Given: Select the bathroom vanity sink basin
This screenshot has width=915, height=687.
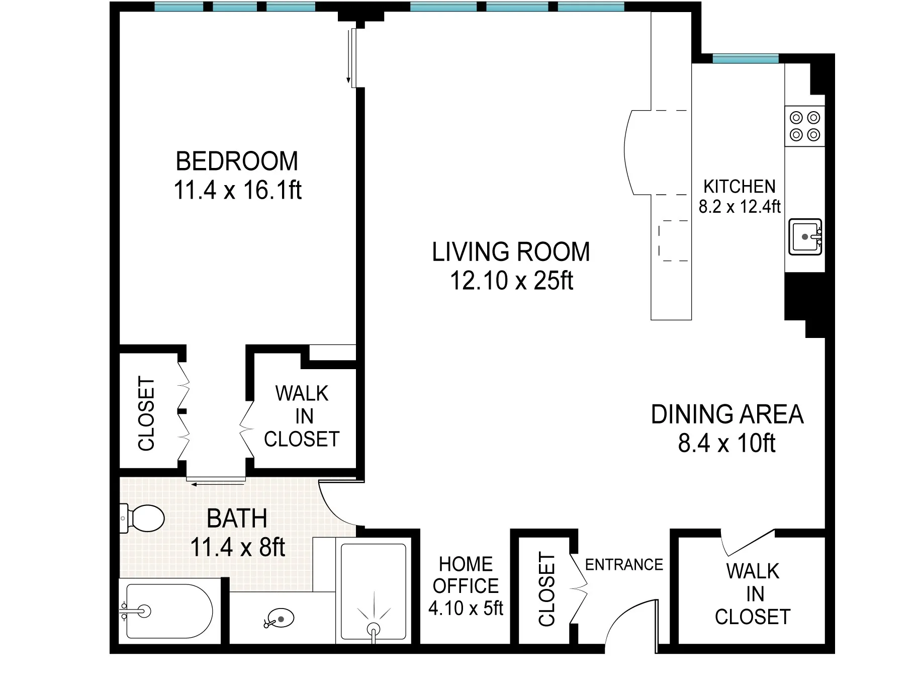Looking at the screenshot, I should (280, 619).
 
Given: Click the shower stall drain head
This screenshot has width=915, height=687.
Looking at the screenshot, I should (373, 629).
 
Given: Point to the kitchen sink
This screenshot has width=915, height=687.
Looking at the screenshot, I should (804, 236).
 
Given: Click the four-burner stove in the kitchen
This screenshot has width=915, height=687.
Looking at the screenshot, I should (804, 126).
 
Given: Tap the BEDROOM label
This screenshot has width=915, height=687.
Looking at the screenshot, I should (237, 161).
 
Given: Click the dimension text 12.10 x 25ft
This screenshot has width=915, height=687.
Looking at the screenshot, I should (511, 281).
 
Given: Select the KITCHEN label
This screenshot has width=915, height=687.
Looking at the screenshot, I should (739, 187).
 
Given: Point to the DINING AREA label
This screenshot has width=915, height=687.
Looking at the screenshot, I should (727, 414).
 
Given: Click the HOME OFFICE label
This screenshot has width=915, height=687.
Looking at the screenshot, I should (466, 575).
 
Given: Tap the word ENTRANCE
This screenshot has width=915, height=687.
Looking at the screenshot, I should (624, 565).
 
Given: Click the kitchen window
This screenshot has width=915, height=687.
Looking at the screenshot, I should (745, 59).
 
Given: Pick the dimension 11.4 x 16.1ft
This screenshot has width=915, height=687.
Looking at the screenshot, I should (237, 190).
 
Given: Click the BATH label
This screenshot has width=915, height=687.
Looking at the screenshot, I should (237, 519).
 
